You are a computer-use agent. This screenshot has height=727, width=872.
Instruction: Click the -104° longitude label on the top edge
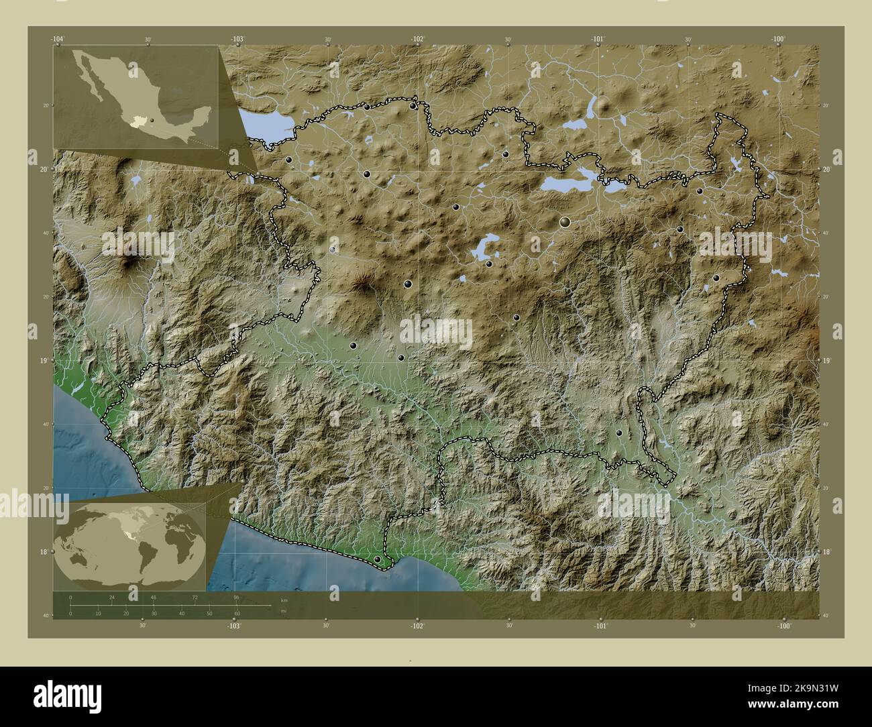tap(58, 39)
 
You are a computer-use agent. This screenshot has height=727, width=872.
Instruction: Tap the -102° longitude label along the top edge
tap(417, 39)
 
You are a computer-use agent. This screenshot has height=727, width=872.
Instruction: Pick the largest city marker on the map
tap(565, 221)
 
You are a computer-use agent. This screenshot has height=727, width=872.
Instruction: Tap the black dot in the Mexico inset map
tap(152, 121)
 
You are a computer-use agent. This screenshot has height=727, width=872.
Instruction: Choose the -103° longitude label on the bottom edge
tap(233, 626)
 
